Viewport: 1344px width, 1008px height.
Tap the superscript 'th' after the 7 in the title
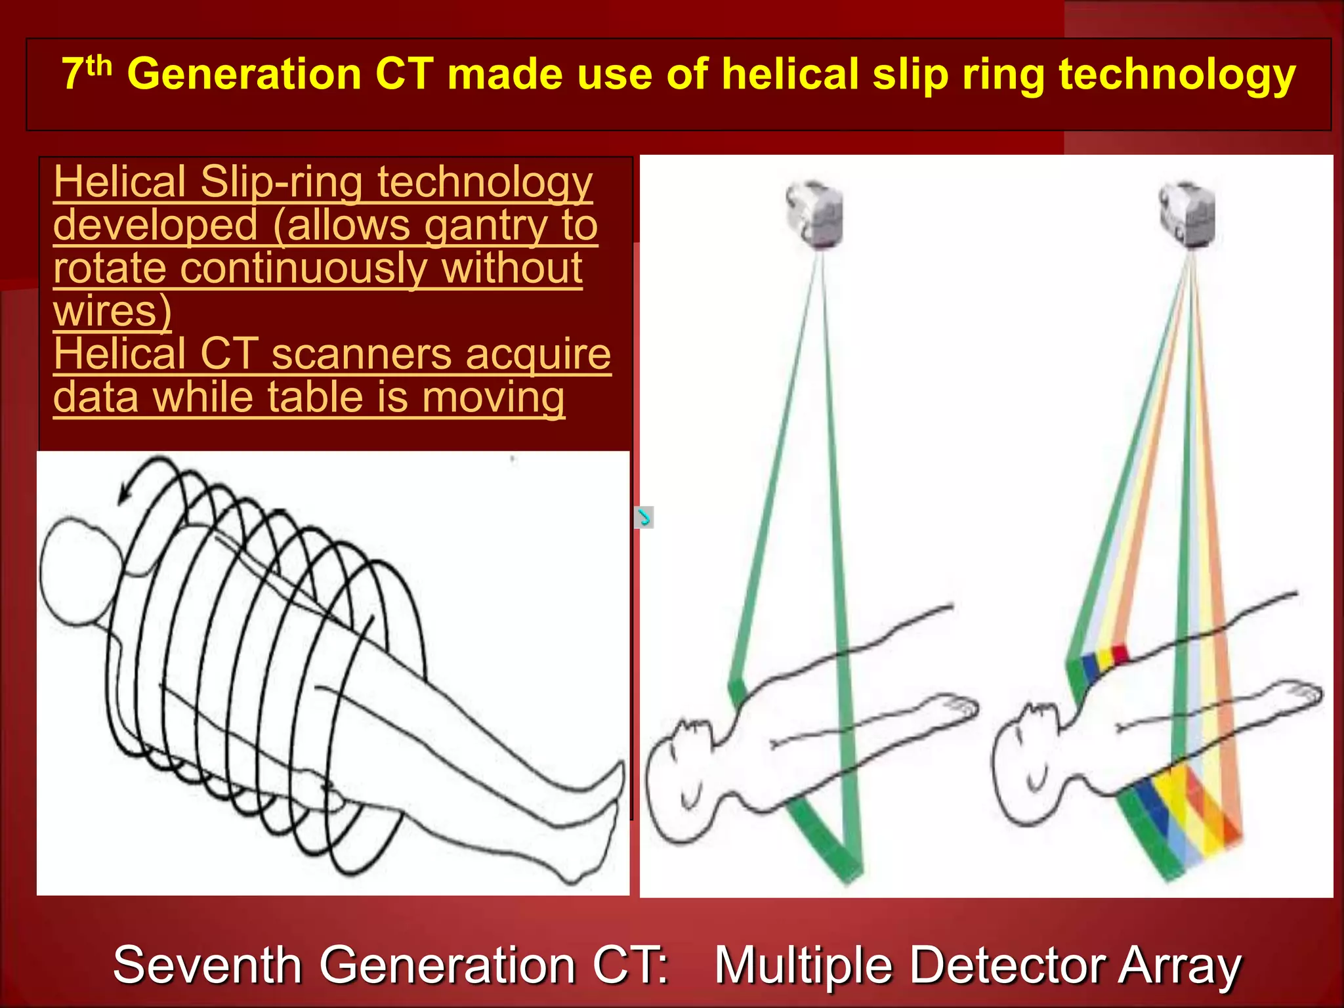coord(99,65)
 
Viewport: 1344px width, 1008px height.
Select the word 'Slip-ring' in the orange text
coord(282,182)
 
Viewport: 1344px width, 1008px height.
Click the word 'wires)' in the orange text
coord(112,311)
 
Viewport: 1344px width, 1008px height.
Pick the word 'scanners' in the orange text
coord(362,354)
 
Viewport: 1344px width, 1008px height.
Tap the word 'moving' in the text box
coord(493,398)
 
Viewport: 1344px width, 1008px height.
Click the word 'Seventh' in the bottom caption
coord(207,965)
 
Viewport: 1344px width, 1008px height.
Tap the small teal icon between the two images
coord(644,517)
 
